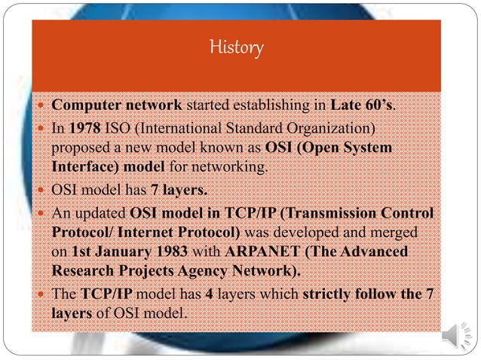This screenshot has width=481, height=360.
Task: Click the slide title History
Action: point(237,49)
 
